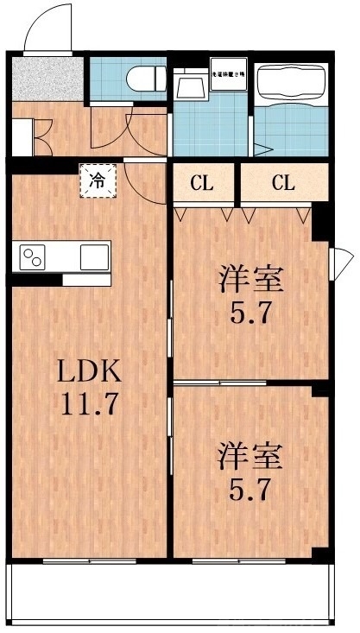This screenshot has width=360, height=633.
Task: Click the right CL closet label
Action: coord(283,183)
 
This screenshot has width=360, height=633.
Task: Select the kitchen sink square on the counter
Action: coord(94,256)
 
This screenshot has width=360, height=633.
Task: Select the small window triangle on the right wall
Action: coord(344,256)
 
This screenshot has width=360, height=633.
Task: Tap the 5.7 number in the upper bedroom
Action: coord(251,312)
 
